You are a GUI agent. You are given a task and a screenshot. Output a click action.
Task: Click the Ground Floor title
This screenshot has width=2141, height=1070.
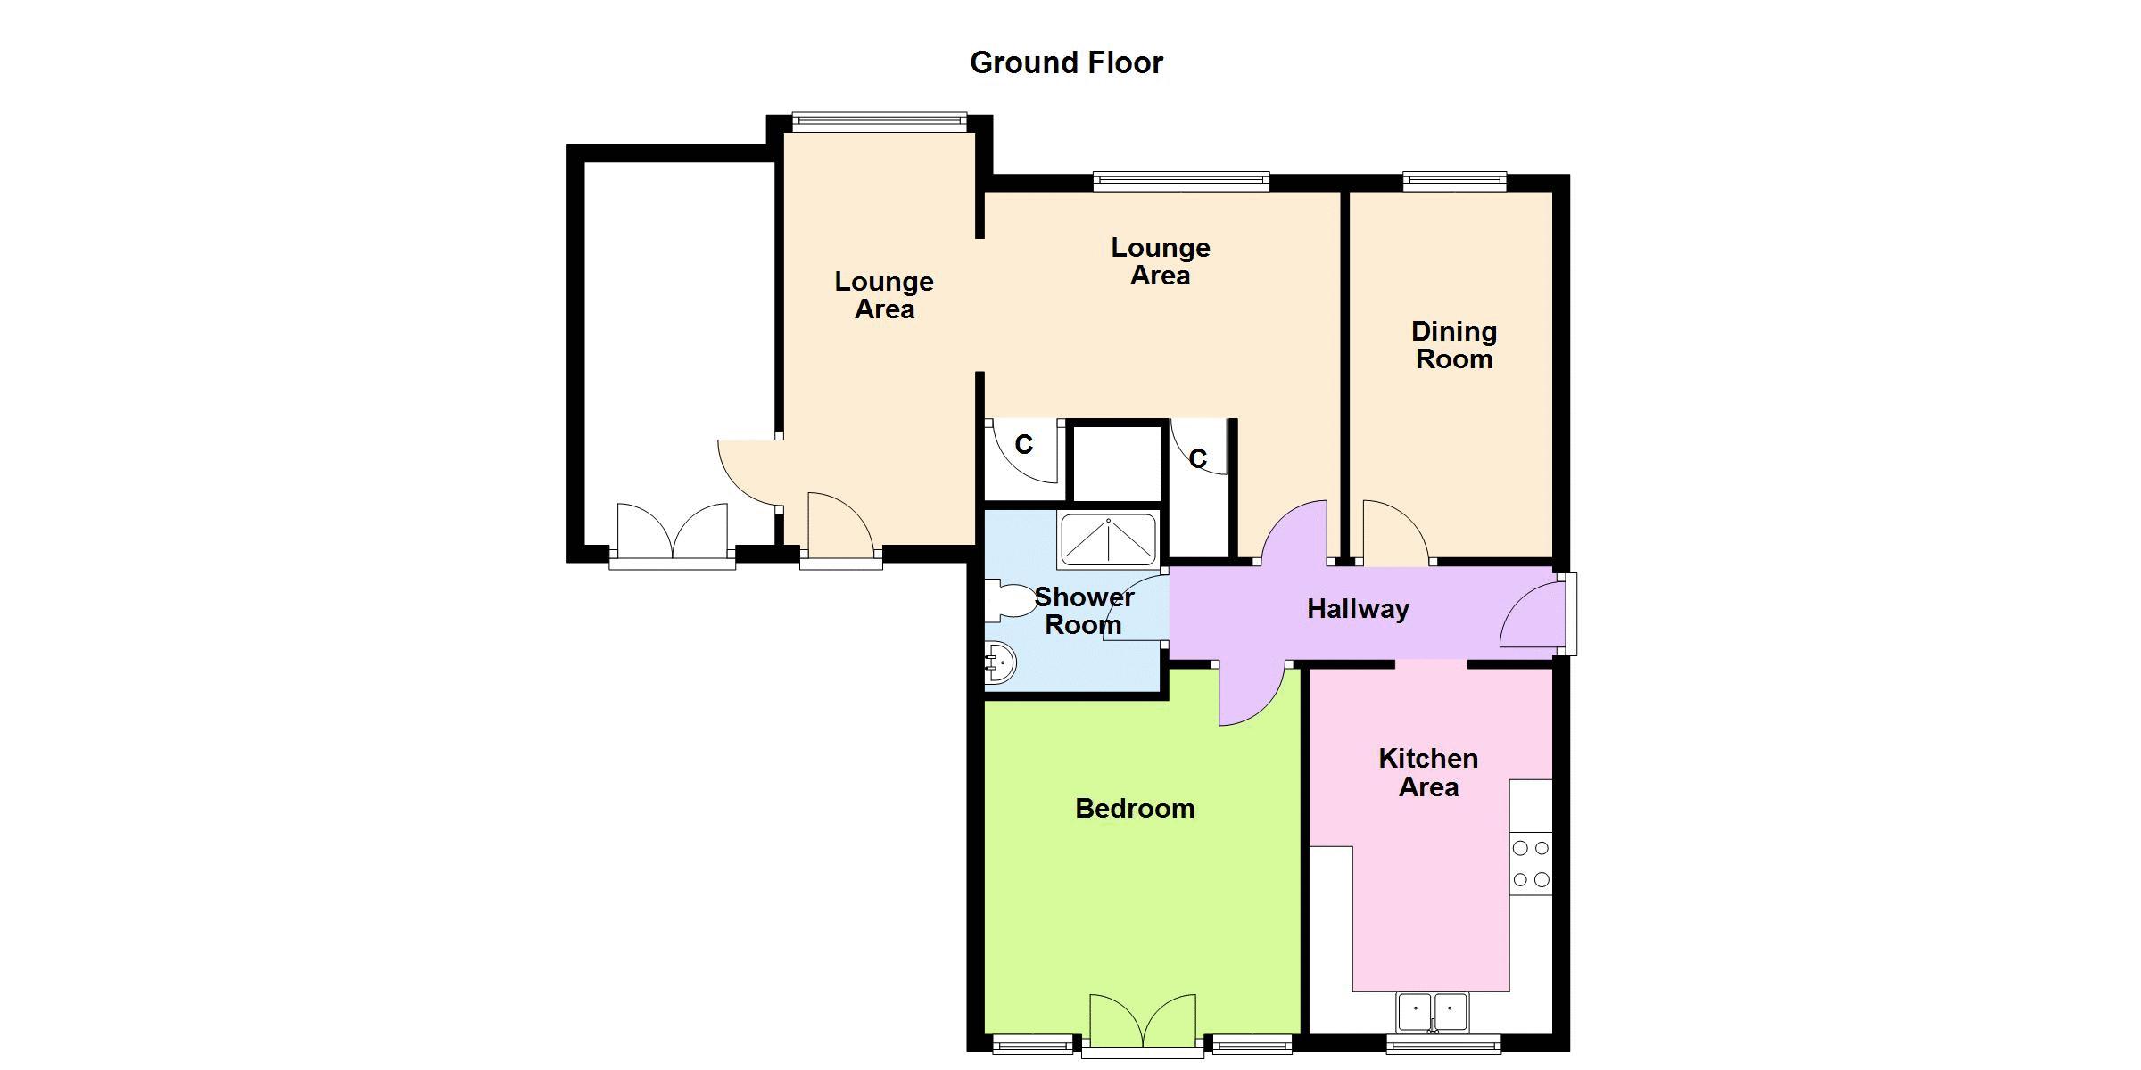click(1066, 62)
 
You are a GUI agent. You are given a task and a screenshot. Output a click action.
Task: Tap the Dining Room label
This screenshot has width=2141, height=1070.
click(1454, 345)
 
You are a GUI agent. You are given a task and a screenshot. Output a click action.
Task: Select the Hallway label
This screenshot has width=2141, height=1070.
click(1358, 609)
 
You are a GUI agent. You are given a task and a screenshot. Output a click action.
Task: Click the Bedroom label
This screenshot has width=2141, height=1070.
click(1135, 808)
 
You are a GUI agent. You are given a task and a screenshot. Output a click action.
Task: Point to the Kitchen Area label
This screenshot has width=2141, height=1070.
click(1428, 772)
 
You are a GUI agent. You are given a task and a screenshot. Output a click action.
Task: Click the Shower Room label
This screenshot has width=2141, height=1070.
click(1084, 610)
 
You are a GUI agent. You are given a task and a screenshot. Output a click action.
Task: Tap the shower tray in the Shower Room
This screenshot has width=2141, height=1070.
click(1107, 541)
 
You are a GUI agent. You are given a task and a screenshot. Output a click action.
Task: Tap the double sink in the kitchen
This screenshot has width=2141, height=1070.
click(1433, 1012)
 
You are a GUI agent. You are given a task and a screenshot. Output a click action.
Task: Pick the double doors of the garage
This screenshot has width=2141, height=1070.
click(672, 532)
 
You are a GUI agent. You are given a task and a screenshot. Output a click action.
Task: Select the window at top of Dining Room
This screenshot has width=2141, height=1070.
click(1455, 181)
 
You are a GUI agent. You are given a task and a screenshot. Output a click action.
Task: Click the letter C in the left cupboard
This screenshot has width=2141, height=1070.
click(1024, 444)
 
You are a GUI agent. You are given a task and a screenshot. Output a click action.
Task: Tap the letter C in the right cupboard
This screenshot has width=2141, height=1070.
click(1198, 458)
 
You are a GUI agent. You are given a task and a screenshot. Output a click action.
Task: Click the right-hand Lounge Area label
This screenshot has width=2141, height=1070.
click(1161, 261)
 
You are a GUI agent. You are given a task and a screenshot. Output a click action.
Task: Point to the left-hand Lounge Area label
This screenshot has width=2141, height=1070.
click(884, 295)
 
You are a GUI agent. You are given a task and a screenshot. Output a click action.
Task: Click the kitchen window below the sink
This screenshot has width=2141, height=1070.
click(1443, 1043)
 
